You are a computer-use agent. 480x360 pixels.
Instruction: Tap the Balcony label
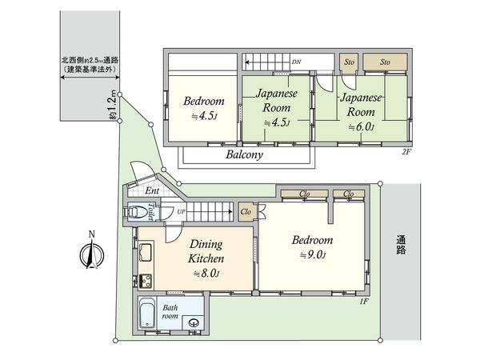(244, 156)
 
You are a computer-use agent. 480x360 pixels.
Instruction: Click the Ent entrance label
(152, 192)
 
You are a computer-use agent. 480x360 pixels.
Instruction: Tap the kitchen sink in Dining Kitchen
(146, 257)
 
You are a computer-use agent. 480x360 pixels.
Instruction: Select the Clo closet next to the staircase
(246, 212)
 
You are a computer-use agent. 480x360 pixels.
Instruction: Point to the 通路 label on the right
(401, 244)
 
